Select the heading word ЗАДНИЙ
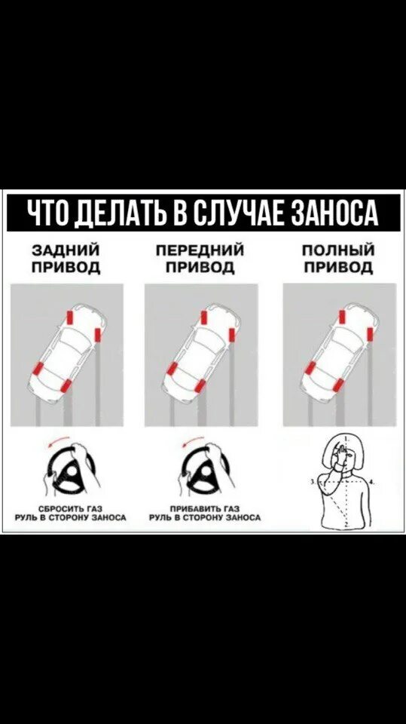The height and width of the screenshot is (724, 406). point(66,251)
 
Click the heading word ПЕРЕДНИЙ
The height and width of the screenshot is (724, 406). point(200,251)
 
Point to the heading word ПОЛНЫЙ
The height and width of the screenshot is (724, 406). point(338,251)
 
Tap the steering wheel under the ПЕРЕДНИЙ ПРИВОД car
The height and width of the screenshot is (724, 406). point(206,469)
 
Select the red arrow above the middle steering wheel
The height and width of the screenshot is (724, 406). point(193,440)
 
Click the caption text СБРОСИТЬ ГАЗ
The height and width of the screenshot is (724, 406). point(70,508)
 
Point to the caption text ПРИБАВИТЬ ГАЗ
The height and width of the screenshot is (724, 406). point(204,508)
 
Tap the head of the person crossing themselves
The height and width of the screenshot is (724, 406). point(343,452)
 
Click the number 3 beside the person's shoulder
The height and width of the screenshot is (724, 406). point(313,481)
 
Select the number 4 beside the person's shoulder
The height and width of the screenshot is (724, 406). point(374,481)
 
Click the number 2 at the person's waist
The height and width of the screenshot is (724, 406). point(346,526)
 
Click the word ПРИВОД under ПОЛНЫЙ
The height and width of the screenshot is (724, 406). point(338,267)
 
